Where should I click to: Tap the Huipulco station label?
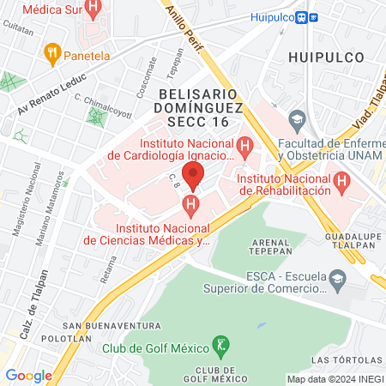(272, 16)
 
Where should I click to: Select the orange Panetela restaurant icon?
(52, 53)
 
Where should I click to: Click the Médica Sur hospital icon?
(93, 9)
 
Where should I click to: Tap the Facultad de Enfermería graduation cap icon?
(297, 118)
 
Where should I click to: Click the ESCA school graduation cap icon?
(339, 277)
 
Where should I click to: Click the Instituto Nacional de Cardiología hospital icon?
(245, 148)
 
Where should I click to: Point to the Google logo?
(28, 375)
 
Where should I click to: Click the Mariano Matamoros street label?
(51, 210)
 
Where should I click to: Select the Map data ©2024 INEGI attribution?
(335, 379)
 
